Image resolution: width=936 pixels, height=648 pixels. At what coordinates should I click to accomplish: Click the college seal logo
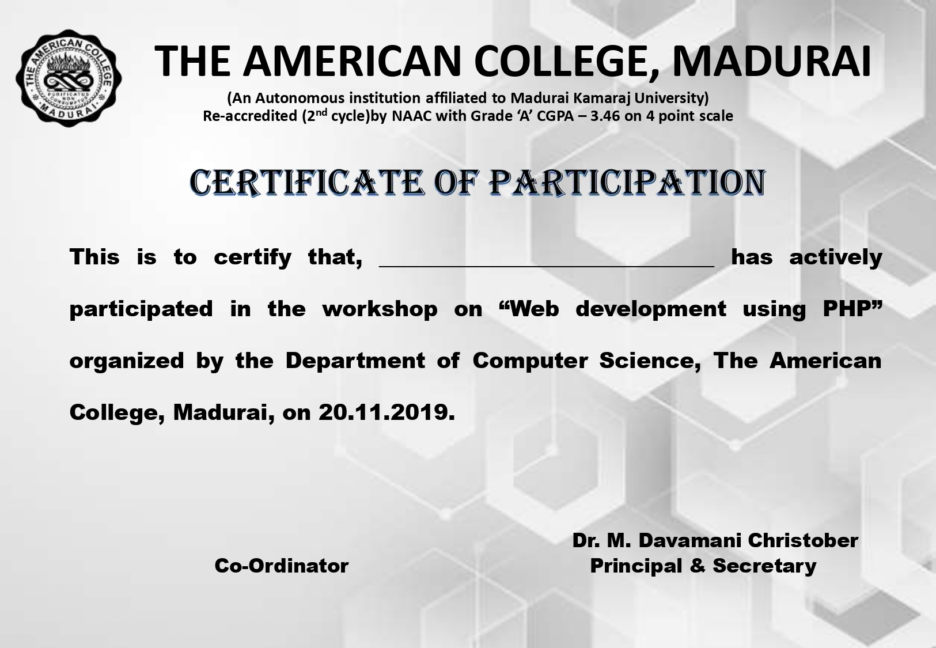pos(69,78)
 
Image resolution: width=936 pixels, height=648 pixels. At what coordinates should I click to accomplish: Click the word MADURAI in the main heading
pos(772,61)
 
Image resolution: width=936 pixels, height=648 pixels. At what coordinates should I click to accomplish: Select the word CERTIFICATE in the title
pos(307,183)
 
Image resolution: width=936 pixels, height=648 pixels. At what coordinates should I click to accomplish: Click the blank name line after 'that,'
pos(547,266)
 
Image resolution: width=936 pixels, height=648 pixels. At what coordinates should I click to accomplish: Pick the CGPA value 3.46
pos(605,116)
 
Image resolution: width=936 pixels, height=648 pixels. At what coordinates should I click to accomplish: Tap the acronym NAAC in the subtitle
pos(412,116)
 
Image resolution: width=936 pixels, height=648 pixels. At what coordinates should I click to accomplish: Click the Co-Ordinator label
pos(282,566)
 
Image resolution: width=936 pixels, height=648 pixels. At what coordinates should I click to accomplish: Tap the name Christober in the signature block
pos(803,540)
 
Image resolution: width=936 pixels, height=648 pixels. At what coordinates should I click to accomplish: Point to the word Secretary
pos(765,566)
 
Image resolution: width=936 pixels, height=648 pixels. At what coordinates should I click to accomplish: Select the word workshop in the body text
pos(380,309)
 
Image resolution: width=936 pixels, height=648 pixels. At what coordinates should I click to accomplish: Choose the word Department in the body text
pos(355,361)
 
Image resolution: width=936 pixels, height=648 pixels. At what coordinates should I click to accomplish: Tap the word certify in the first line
pos(252,257)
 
